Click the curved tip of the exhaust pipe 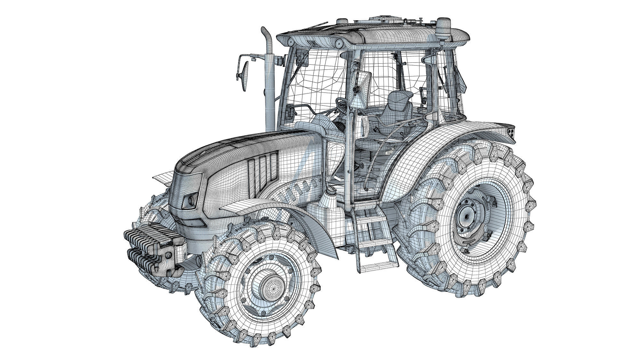[x=265, y=31]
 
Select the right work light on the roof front [x=339, y=42]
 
